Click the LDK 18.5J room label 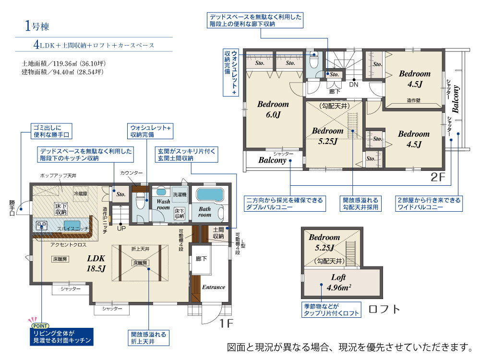tap(96, 263)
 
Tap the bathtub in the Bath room tap(210, 195)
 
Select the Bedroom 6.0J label tap(273, 109)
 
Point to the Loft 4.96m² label tap(338, 282)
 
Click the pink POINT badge tap(40, 326)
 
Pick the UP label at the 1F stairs tap(121, 228)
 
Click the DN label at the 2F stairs tap(354, 84)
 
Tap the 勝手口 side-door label tap(12, 208)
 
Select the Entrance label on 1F tap(214, 287)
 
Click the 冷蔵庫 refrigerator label tap(81, 193)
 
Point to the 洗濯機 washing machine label tap(180, 195)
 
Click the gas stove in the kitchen tap(42, 225)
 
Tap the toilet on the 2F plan tap(314, 60)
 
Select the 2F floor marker tap(438, 177)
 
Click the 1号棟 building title tap(37, 26)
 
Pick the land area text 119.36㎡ tap(64, 64)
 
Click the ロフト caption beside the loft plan tap(384, 309)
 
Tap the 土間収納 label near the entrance tap(218, 233)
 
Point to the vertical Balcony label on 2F tap(456, 99)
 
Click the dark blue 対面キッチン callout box tap(61, 337)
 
